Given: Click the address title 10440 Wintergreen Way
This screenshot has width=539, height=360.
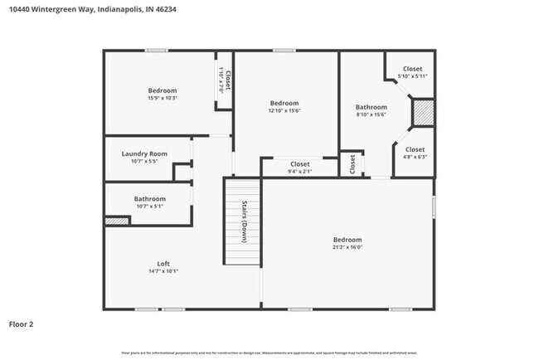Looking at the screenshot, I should click(x=91, y=9).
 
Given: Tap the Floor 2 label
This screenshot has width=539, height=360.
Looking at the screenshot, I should click(x=21, y=324).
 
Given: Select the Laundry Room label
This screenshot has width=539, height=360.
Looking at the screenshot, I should click(x=144, y=153).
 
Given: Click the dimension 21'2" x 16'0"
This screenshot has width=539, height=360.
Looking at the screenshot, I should click(x=348, y=246).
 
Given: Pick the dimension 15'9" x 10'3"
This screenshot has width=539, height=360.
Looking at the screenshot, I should click(x=163, y=98).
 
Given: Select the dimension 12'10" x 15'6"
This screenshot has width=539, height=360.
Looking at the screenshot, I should click(x=284, y=110).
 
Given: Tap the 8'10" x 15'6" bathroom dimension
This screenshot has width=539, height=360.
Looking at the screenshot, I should click(x=371, y=114).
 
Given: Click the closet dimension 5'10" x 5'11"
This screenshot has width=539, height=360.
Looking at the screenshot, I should click(x=412, y=76).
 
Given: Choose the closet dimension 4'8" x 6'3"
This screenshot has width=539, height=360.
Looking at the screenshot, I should click(x=415, y=157).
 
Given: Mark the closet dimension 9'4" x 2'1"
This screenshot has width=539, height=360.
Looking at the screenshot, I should click(x=299, y=172).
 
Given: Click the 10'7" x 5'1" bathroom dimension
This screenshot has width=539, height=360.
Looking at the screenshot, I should click(x=150, y=207).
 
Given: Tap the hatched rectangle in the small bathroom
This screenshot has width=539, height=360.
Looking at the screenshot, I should click(x=117, y=221).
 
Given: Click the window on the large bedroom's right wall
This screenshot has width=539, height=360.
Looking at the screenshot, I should click(x=434, y=207).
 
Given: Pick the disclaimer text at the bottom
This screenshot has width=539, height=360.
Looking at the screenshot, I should click(x=269, y=353).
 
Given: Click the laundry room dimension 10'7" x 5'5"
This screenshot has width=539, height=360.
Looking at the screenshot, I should click(x=144, y=161).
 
